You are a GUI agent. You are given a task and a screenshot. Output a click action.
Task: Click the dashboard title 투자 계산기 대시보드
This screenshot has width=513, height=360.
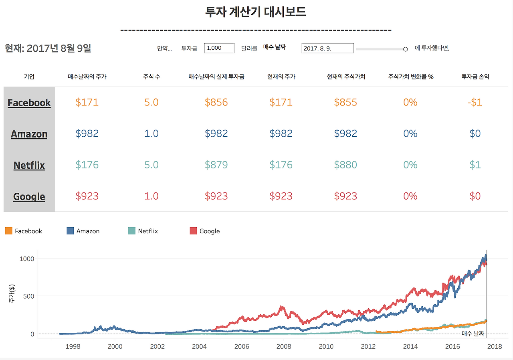[x=256, y=12]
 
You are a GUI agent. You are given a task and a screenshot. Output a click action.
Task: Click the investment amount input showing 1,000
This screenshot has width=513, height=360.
[x=219, y=48]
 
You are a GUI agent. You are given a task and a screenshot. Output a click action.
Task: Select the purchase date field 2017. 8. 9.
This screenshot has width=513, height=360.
[x=327, y=49]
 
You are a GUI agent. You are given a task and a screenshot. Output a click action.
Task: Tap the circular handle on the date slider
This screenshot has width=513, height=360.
[x=405, y=49]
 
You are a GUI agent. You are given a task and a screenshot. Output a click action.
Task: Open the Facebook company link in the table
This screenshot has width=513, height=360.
[x=29, y=103]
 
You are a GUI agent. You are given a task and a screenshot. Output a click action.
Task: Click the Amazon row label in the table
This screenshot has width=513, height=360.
[x=29, y=134]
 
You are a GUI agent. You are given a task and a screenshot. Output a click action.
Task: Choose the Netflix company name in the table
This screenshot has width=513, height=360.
[x=29, y=165]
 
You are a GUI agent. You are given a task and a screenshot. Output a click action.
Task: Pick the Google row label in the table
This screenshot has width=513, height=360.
[x=29, y=196]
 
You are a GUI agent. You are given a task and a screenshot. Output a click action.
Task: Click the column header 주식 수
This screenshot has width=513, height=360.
[x=151, y=77]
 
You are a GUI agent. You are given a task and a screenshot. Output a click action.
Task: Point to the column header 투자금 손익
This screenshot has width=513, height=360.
[x=475, y=77]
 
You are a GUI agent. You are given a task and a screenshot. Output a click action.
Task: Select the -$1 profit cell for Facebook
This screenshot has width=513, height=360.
[x=475, y=102]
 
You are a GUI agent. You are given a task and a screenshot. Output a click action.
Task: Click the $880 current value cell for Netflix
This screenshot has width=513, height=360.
[x=345, y=165]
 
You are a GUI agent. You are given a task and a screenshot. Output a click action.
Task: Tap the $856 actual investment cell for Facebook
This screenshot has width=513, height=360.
[x=216, y=102]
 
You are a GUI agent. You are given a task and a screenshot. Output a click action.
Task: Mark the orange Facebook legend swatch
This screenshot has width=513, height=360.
[x=8, y=231]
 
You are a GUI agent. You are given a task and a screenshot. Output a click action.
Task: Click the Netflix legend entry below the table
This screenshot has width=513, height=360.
[x=148, y=231]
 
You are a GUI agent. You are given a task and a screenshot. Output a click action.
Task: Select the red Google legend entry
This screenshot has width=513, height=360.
[x=209, y=231]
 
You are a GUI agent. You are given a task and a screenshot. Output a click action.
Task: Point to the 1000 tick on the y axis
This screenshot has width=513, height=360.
[x=27, y=259]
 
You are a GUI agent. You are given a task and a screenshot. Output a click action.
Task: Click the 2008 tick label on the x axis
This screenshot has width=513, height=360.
[x=284, y=347]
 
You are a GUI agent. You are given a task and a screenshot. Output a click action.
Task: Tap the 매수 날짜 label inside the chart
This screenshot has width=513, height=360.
[x=473, y=333]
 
